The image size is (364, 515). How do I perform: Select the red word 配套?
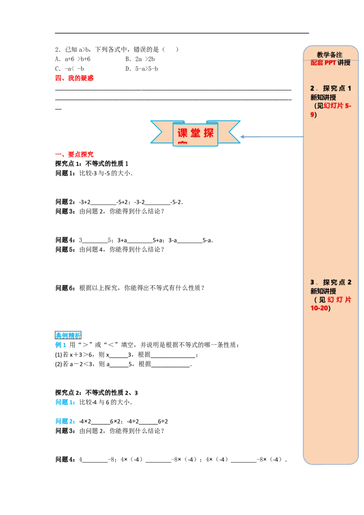click(317, 63)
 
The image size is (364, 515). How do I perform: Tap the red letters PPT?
click(330, 63)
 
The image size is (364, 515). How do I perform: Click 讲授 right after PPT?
click(344, 63)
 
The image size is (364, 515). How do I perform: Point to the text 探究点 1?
click(337, 88)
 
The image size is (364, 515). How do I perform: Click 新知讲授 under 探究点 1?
click(323, 97)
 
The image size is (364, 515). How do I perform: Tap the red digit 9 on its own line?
click(312, 115)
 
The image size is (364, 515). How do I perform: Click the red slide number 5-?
click(349, 106)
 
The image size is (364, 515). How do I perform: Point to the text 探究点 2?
click(337, 282)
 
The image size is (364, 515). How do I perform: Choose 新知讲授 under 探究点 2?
click(323, 291)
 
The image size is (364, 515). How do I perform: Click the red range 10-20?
click(319, 308)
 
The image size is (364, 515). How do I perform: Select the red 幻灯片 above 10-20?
click(339, 300)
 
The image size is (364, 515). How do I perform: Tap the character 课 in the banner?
click(182, 134)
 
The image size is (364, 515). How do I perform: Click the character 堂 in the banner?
click(196, 134)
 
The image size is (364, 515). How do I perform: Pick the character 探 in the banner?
click(209, 134)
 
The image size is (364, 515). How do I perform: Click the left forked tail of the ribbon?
click(157, 132)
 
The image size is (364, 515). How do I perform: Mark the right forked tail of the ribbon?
click(233, 132)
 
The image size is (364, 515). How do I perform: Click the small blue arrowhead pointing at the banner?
click(243, 137)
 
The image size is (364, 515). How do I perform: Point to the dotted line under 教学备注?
click(331, 59)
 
